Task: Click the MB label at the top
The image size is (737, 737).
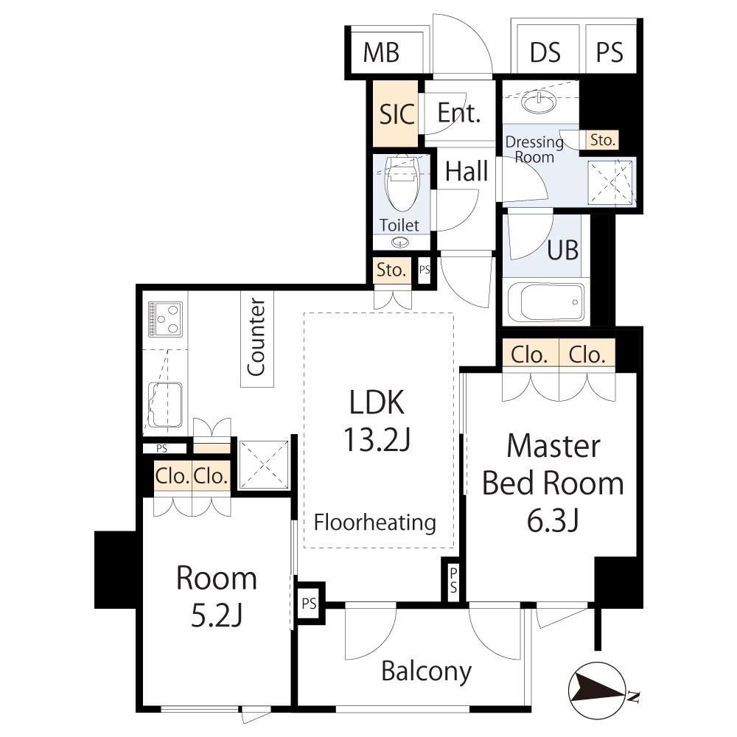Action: [x=381, y=52]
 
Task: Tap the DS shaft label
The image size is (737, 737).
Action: [x=545, y=52]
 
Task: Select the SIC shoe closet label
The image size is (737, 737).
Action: [x=397, y=113]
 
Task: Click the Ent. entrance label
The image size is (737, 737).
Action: [x=459, y=113]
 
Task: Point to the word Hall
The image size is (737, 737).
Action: [x=467, y=171]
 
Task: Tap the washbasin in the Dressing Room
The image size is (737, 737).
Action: [x=537, y=102]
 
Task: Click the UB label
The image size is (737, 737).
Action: [x=562, y=250]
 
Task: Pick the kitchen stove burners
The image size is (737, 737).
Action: [x=165, y=319]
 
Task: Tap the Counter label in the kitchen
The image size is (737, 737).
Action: [x=256, y=337]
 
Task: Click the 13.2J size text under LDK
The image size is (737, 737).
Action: [x=377, y=439]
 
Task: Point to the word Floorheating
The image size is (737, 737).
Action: [x=374, y=523]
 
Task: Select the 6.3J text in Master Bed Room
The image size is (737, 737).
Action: [x=552, y=521]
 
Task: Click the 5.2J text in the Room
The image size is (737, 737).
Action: [x=217, y=615]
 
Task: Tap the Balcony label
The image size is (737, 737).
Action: [x=426, y=671]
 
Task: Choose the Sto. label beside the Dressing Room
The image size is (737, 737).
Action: [x=602, y=140]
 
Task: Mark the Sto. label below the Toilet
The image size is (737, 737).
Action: [x=391, y=270]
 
